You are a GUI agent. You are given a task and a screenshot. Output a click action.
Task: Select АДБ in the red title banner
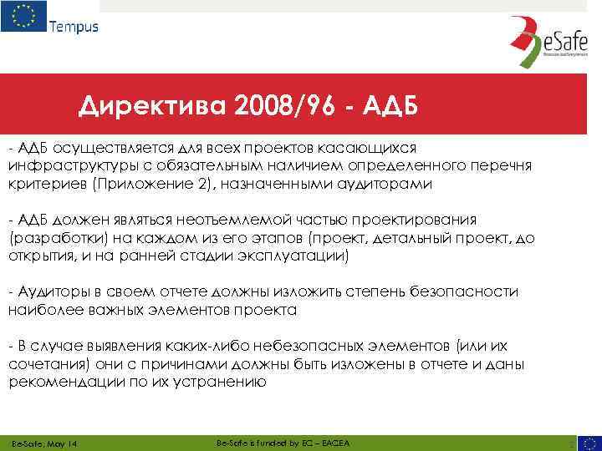(385, 106)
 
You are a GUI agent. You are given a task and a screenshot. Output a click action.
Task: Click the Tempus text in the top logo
(74, 26)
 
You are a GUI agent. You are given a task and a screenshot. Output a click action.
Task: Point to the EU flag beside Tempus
(23, 17)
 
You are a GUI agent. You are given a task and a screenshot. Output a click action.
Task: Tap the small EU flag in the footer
(587, 441)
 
